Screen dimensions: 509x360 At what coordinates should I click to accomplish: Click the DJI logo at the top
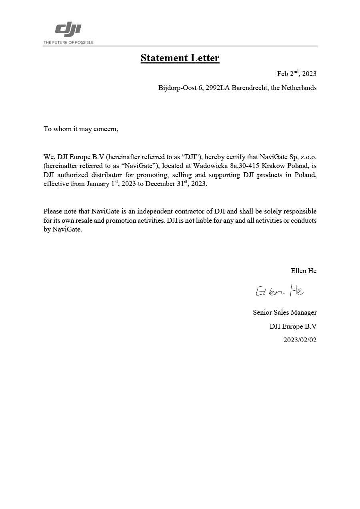(68, 30)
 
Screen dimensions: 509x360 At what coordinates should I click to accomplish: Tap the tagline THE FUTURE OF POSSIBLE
(68, 42)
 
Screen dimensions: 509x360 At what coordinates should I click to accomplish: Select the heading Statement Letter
(180, 58)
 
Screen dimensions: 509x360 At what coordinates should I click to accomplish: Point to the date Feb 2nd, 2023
(296, 73)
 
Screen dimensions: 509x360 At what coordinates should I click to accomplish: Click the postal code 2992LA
(218, 88)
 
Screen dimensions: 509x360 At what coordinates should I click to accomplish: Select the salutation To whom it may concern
(81, 129)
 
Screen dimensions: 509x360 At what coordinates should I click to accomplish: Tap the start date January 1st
(102, 184)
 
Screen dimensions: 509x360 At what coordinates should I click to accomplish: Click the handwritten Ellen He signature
(280, 291)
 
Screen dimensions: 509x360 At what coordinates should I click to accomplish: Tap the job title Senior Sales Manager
(284, 312)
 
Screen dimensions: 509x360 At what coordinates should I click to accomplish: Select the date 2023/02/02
(300, 340)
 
